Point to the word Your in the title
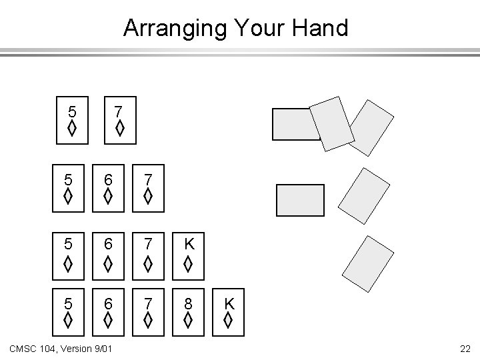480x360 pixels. click(x=257, y=29)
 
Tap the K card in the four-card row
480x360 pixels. click(x=189, y=253)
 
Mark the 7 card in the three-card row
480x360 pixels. click(x=149, y=189)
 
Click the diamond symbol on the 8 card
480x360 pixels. click(x=189, y=323)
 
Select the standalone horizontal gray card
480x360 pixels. click(x=300, y=200)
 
